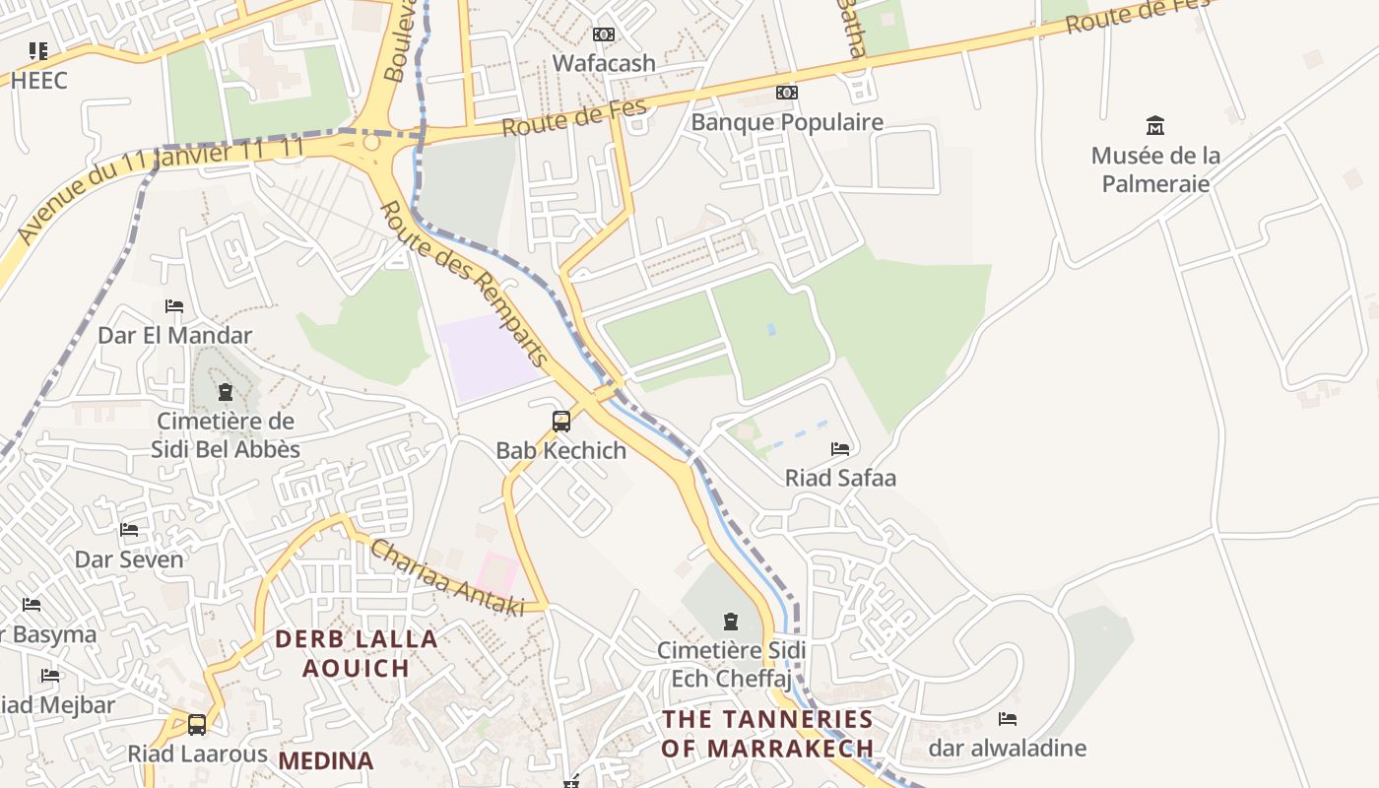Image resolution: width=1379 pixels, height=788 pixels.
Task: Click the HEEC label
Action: [39, 81]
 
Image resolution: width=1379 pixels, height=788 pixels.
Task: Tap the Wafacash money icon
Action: [604, 34]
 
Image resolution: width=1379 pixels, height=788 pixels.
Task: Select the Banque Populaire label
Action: [787, 122]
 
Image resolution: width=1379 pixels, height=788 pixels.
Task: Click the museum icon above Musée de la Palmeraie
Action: [1155, 125]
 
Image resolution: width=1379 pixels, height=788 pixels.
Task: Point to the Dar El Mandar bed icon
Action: [174, 306]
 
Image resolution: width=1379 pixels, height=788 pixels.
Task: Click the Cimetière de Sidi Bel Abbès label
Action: [226, 435]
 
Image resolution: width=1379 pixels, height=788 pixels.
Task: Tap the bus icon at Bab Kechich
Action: [561, 422]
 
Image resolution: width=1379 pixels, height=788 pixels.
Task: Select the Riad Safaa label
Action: [840, 479]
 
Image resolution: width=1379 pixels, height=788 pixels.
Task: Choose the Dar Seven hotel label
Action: [129, 559]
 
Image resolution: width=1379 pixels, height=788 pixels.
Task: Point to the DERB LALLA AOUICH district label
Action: [356, 653]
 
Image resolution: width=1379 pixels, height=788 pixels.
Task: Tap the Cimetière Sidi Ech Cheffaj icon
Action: [731, 622]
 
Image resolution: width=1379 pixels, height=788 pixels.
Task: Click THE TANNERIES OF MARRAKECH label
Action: [767, 734]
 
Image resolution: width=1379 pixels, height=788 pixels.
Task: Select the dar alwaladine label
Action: [1007, 749]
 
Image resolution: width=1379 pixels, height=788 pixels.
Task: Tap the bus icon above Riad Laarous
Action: [197, 725]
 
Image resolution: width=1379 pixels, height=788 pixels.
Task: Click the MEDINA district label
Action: [326, 761]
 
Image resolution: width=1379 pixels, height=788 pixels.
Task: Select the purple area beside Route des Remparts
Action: [488, 356]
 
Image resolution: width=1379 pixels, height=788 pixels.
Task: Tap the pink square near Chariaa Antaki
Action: [497, 572]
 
